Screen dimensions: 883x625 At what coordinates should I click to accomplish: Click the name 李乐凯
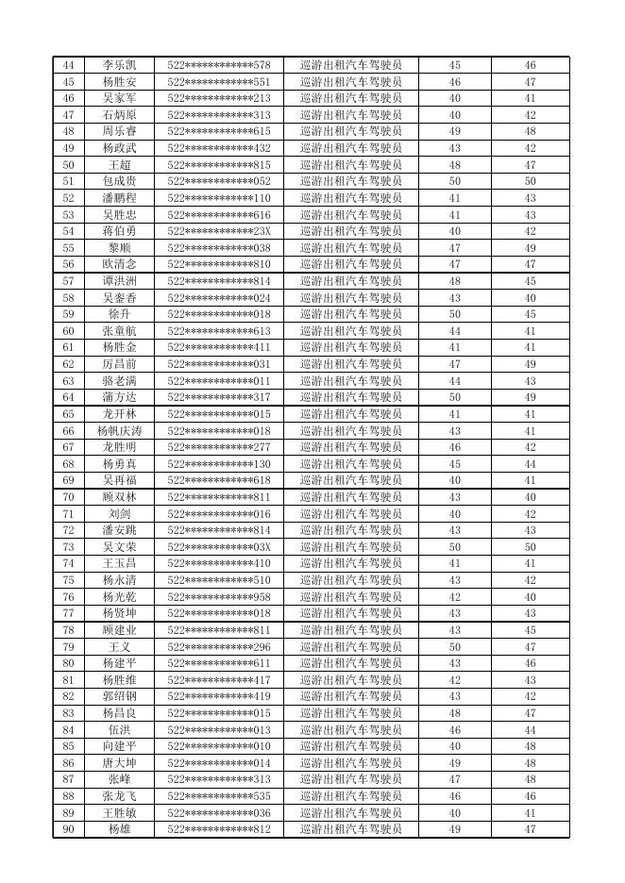click(x=120, y=66)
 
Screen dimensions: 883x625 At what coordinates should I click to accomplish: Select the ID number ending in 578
click(x=219, y=66)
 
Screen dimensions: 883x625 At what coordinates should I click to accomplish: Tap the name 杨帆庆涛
click(x=120, y=431)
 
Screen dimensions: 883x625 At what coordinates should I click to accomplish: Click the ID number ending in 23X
click(x=219, y=232)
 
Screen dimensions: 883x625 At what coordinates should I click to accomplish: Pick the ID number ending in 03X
click(x=219, y=547)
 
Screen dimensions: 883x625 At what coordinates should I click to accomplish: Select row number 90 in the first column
click(x=68, y=829)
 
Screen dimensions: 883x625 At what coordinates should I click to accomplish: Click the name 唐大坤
click(x=120, y=763)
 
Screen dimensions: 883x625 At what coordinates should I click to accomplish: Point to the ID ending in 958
click(x=219, y=597)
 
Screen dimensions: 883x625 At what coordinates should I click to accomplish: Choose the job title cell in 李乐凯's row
click(x=351, y=66)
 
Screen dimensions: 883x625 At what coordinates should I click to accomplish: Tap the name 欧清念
click(x=120, y=265)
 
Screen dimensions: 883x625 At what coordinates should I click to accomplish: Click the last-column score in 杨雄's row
click(x=531, y=829)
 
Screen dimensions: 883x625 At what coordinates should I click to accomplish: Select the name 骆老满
click(x=120, y=381)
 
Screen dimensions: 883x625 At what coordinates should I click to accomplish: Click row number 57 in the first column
click(x=68, y=281)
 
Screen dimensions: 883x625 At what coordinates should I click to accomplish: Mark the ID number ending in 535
click(x=219, y=796)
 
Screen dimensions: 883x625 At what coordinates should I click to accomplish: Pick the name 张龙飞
click(x=120, y=796)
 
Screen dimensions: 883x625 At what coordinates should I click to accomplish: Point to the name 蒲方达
click(x=120, y=398)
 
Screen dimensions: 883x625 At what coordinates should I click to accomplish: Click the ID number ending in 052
click(x=219, y=182)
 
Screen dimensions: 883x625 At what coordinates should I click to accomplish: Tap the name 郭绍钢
click(x=120, y=696)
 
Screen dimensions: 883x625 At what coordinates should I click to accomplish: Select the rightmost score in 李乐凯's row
click(x=531, y=66)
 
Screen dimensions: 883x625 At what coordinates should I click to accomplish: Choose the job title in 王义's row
click(x=351, y=647)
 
